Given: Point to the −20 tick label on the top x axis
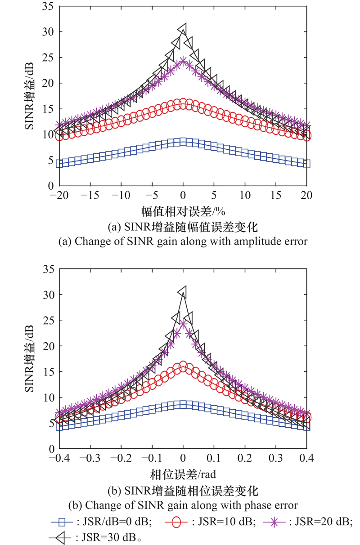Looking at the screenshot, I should pos(57,196).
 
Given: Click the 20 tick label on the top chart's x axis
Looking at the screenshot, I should pos(307,196).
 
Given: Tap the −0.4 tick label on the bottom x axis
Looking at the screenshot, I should pos(57,459).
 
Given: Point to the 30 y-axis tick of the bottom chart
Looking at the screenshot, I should pos(47,295).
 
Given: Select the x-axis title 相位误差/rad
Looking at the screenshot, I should pos(182,474).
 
